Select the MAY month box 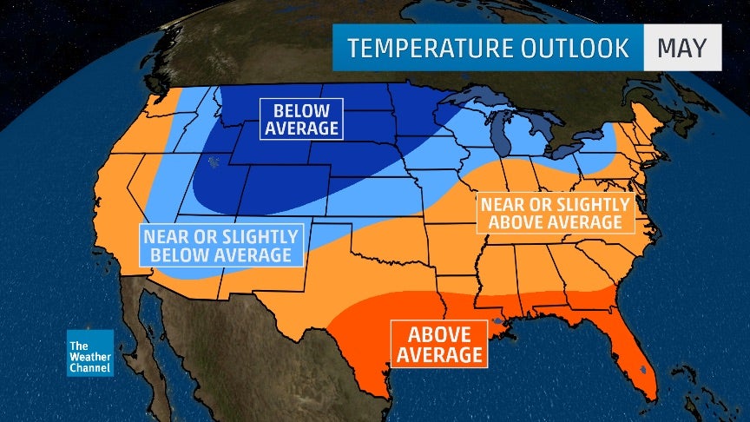(x=681, y=48)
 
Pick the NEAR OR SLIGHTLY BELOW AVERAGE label (x=220, y=246)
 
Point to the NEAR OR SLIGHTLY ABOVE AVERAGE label (x=555, y=214)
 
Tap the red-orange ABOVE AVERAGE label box (x=438, y=345)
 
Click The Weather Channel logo (x=90, y=353)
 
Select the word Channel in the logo (x=90, y=369)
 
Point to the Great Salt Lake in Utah (x=213, y=161)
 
